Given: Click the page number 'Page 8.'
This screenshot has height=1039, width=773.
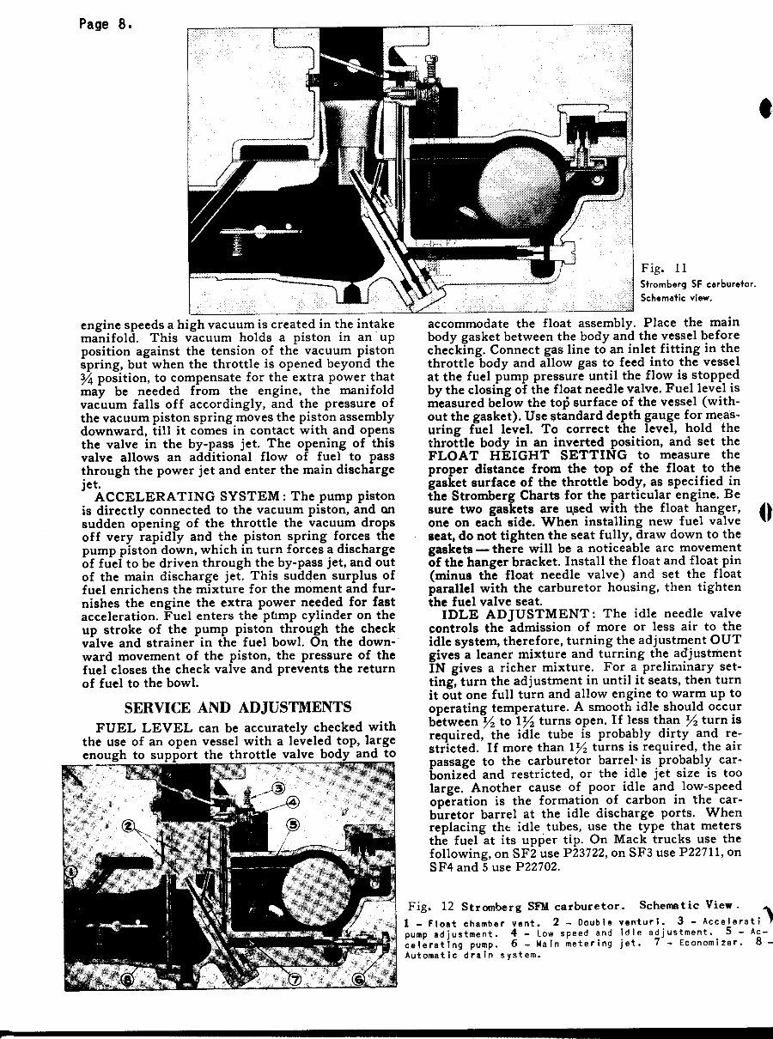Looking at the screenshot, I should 103,24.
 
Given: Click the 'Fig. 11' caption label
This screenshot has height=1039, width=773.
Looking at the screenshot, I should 662,269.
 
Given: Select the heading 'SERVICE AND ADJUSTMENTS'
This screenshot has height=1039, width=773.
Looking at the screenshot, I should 238,708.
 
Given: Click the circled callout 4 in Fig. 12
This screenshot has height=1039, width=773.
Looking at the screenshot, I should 293,804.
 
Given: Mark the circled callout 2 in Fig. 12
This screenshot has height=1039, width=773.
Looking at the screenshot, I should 128,826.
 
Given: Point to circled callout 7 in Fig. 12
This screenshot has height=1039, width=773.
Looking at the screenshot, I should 295,978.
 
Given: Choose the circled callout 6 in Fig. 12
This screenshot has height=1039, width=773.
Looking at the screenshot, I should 359,978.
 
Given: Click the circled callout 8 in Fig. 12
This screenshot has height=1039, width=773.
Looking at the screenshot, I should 128,978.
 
